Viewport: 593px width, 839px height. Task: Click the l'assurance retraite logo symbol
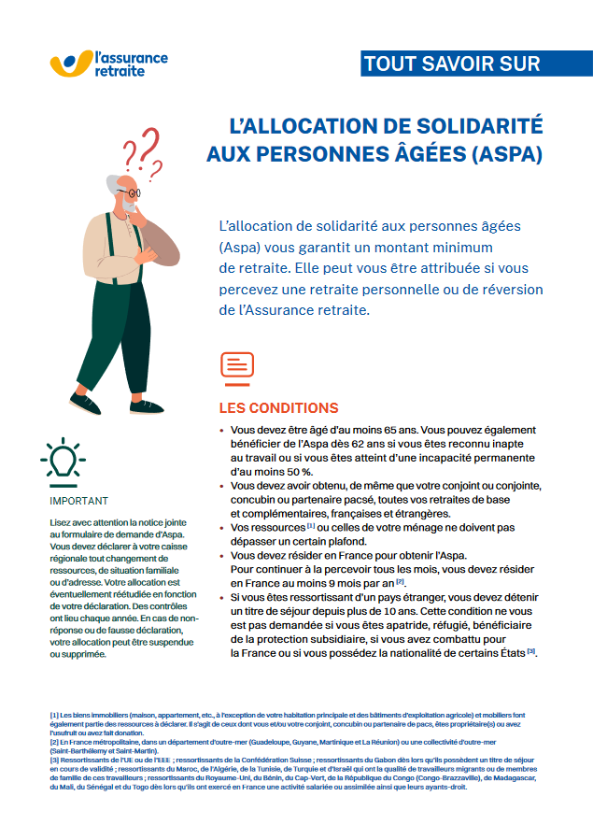(x=70, y=63)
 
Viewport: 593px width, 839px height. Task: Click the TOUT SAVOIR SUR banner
(x=452, y=64)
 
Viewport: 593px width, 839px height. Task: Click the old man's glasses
(x=133, y=191)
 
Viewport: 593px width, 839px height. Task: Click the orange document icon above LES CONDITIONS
(x=237, y=366)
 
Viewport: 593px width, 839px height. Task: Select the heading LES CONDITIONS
(x=278, y=408)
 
